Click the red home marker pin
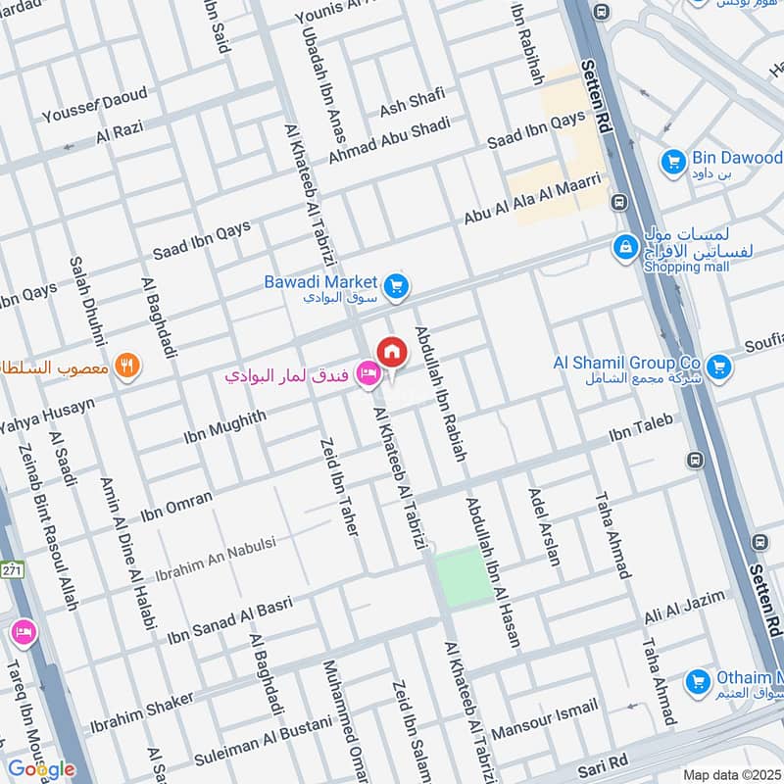point(391,352)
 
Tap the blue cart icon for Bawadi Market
point(395,285)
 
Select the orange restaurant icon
point(127,367)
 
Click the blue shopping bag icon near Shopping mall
point(623,249)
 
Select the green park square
point(464,575)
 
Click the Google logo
point(41,768)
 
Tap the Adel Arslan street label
point(545,527)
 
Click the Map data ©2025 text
point(730,774)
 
